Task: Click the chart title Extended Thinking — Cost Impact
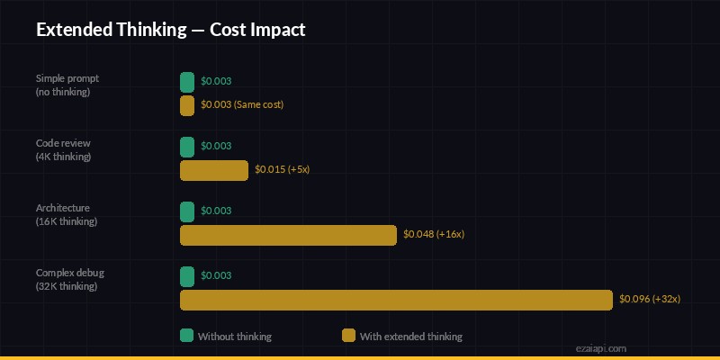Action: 171,30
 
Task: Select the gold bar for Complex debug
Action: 396,300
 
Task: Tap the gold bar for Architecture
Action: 288,235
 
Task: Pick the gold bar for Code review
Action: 214,170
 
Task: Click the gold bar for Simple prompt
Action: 187,105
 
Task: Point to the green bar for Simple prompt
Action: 187,82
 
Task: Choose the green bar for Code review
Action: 187,147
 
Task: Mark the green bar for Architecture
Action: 187,211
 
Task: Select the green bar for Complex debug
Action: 187,276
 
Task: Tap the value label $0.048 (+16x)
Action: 434,235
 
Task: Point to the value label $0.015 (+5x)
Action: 283,170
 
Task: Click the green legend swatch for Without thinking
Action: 187,336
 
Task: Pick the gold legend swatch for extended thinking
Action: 349,336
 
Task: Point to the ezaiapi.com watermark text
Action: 601,347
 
